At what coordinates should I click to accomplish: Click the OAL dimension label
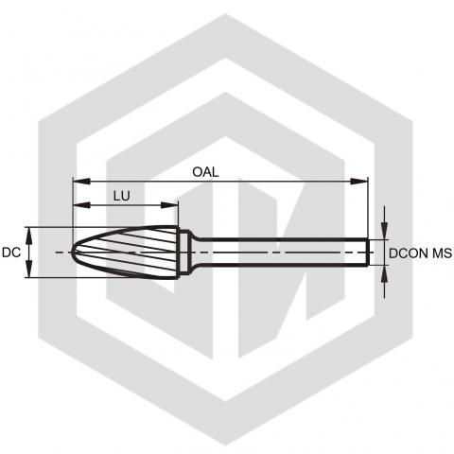click(x=205, y=172)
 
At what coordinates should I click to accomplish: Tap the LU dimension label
click(x=122, y=196)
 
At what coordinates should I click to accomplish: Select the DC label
click(x=11, y=253)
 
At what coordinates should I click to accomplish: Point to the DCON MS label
click(x=420, y=253)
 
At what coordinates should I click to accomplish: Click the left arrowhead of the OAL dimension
click(x=81, y=182)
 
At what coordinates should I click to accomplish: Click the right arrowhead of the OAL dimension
click(x=359, y=182)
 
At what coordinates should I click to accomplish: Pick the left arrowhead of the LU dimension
click(x=81, y=205)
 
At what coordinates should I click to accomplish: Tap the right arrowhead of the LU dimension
click(x=169, y=205)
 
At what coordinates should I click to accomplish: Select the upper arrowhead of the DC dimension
click(x=29, y=236)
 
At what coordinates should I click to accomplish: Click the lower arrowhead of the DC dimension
click(x=29, y=270)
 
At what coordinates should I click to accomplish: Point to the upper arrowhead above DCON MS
click(x=384, y=231)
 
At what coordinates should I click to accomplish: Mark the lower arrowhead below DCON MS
click(x=384, y=274)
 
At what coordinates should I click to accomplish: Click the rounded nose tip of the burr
click(x=73, y=253)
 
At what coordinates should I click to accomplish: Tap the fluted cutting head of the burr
click(x=126, y=253)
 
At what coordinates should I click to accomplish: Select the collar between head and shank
click(x=185, y=253)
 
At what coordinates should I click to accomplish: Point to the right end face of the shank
click(x=368, y=253)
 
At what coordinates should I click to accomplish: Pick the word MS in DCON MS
click(x=442, y=253)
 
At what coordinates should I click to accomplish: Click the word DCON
click(x=409, y=253)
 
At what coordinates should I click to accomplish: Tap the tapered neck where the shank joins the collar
click(x=196, y=253)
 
